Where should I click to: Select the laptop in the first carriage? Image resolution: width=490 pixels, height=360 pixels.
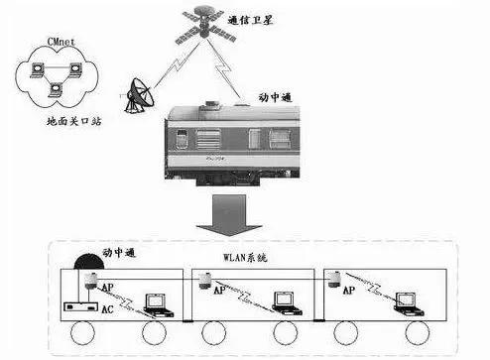tap(155, 300)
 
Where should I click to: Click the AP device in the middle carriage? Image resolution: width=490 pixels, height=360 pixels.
tap(204, 281)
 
